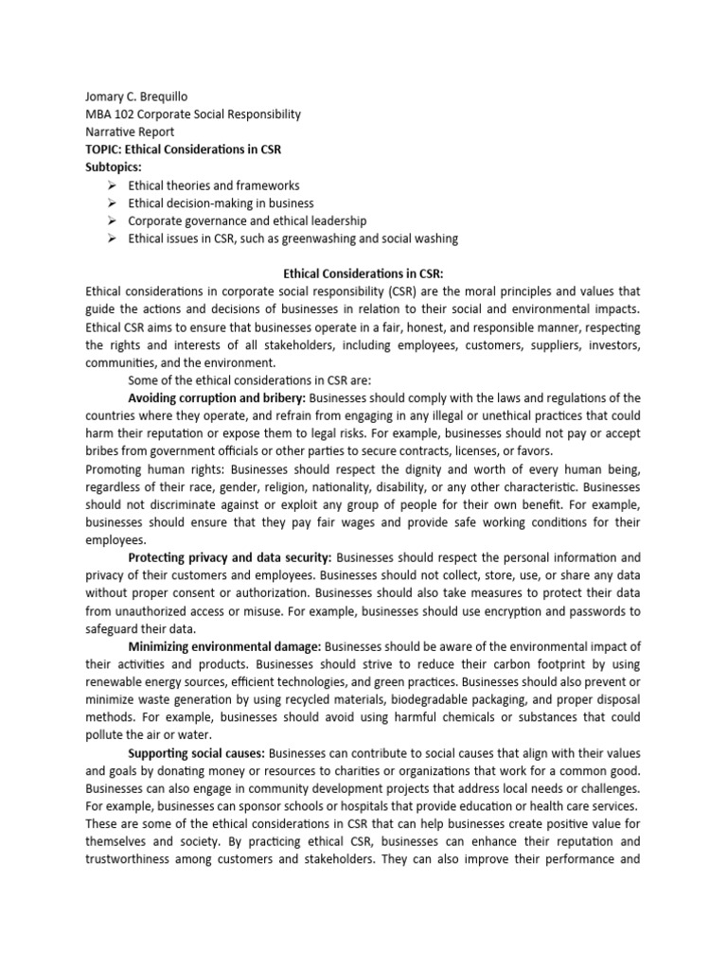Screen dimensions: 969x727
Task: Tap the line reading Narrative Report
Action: [x=130, y=132]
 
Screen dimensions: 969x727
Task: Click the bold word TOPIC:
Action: [x=105, y=150]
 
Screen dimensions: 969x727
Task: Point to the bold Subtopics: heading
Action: [x=113, y=167]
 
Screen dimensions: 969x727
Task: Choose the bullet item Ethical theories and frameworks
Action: [x=214, y=185]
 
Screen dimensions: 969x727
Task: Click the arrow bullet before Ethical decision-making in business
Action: [x=111, y=203]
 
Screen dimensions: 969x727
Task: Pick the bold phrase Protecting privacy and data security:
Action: [x=230, y=559]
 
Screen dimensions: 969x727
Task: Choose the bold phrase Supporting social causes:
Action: [x=197, y=754]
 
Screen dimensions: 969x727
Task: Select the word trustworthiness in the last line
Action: [x=140, y=861]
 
